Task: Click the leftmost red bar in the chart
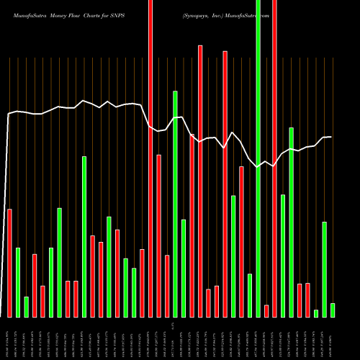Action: point(9,263)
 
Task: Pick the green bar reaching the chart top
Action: point(258,158)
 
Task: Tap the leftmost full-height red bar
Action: point(150,158)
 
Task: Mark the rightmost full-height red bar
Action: point(274,158)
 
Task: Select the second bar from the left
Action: point(18,282)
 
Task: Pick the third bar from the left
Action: point(26,307)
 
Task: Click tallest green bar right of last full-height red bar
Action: point(291,222)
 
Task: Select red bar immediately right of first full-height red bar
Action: point(158,235)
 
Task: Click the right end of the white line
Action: point(330,137)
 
